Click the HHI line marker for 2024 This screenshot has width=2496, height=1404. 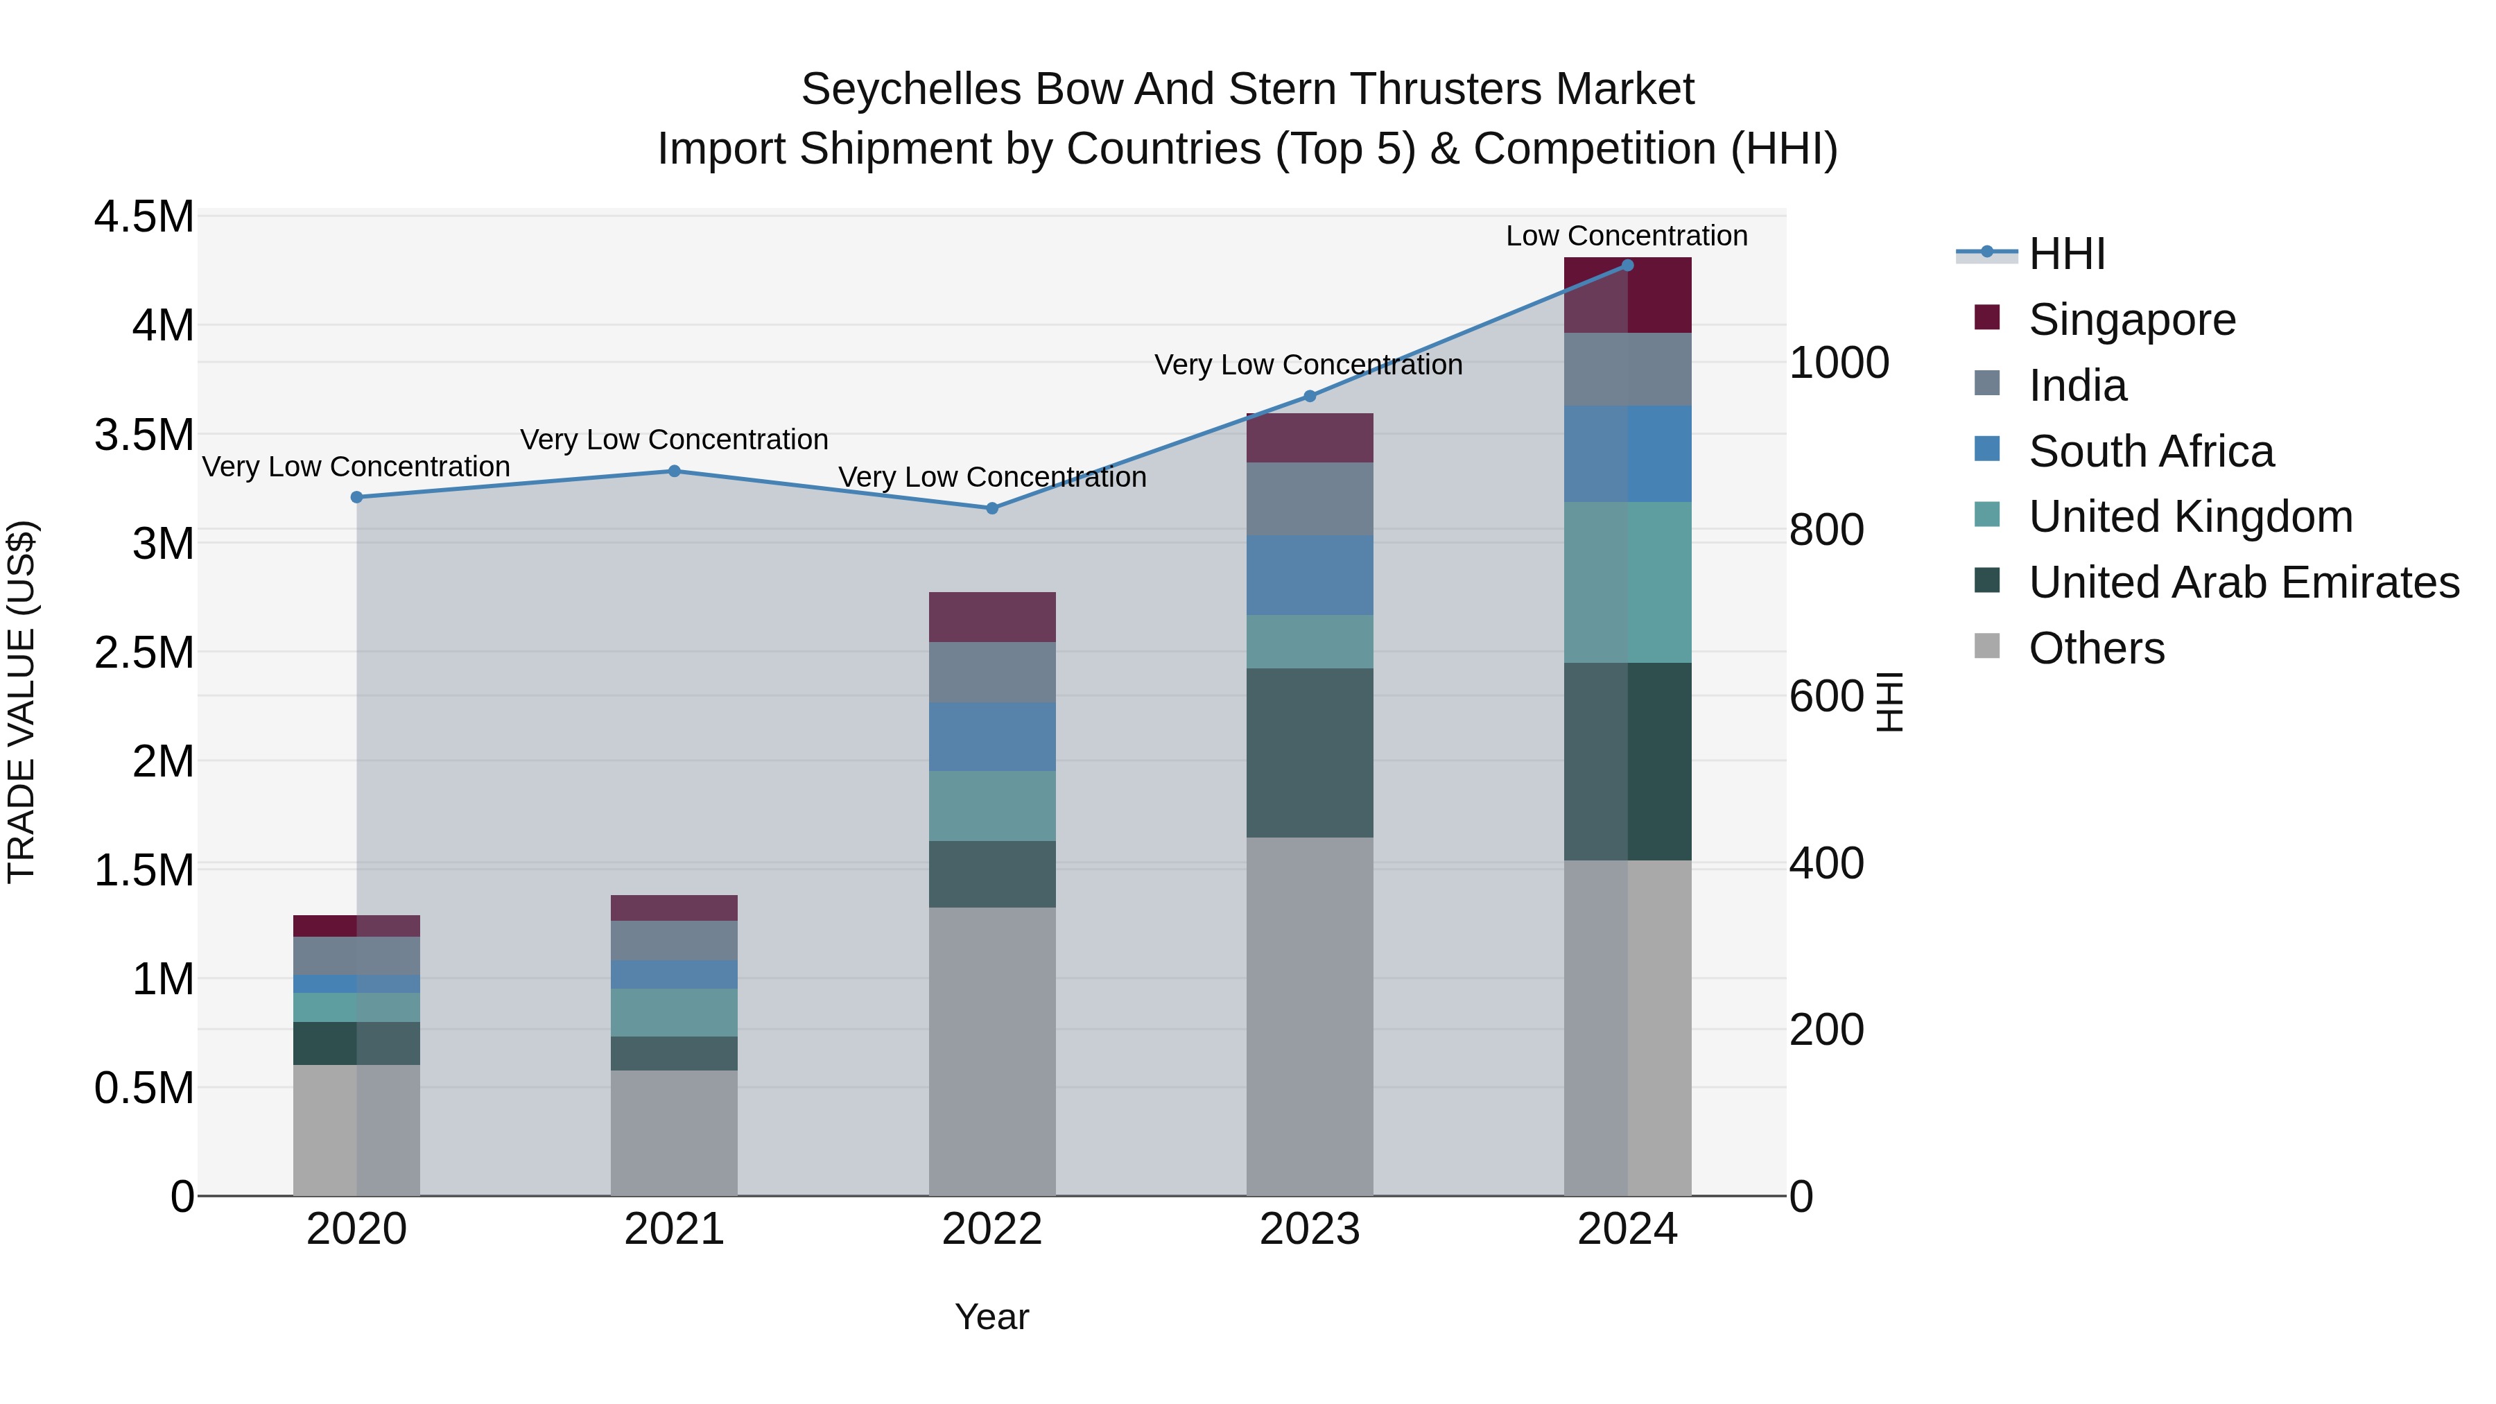pyautogui.click(x=1627, y=266)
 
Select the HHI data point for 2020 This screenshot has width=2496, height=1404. pyautogui.click(x=356, y=497)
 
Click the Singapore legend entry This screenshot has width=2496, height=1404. pyautogui.click(x=2132, y=320)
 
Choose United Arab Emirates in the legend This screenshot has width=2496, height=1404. pyautogui.click(x=2243, y=582)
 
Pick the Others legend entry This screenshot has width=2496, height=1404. pyautogui.click(x=2096, y=648)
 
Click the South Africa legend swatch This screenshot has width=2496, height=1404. pyautogui.click(x=1986, y=449)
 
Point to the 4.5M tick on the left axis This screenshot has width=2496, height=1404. pyautogui.click(x=144, y=217)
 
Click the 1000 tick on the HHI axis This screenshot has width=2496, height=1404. pyautogui.click(x=1838, y=363)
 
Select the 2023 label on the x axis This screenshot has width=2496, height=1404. pyautogui.click(x=1309, y=1229)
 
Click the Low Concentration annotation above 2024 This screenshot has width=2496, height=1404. pyautogui.click(x=1626, y=236)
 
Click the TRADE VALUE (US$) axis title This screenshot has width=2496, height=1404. pyautogui.click(x=21, y=702)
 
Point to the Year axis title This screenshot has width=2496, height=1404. pyautogui.click(x=991, y=1317)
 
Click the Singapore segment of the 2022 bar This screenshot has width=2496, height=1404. pyautogui.click(x=991, y=617)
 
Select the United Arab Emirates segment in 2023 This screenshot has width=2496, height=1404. pyautogui.click(x=1309, y=753)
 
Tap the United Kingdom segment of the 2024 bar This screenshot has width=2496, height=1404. pyautogui.click(x=1627, y=582)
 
